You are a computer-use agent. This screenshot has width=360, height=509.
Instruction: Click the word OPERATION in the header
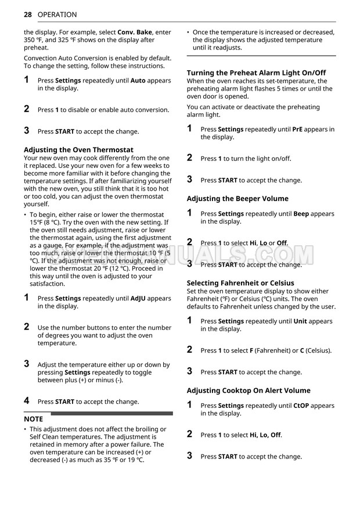point(57,15)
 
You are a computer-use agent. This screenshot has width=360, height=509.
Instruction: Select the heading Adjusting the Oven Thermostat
point(78,150)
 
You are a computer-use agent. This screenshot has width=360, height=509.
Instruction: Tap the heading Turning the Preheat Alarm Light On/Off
point(256,73)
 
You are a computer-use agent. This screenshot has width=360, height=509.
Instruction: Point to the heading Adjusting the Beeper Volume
point(237,199)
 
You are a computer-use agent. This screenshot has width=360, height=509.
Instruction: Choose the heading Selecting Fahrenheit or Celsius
point(240,283)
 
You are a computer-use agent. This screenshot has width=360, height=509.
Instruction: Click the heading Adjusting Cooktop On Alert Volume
point(249,390)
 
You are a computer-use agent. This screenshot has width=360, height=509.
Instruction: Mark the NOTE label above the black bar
point(34,418)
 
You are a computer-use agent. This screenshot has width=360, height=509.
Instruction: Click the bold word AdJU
point(138,299)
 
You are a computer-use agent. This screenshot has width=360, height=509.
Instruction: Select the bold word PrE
point(297,130)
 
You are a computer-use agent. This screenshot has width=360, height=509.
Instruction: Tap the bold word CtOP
point(302,406)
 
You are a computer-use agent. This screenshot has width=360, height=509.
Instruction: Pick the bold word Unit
point(300,321)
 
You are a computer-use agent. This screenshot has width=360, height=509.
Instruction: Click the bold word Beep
point(301,214)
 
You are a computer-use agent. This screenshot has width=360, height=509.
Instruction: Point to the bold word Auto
point(138,81)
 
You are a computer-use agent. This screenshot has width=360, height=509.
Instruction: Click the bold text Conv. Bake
point(135,33)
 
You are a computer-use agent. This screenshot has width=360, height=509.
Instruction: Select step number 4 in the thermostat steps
point(27,400)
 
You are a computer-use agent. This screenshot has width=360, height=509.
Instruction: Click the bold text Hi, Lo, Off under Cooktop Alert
point(265,435)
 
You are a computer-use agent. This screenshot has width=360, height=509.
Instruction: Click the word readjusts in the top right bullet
point(225,48)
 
